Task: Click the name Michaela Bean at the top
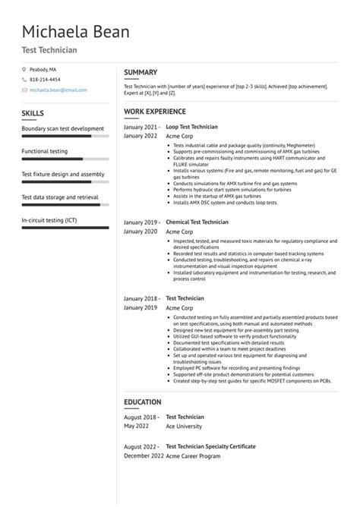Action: [75, 32]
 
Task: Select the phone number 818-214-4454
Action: [45, 79]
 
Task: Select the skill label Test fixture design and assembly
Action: [63, 174]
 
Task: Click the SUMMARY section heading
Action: [141, 72]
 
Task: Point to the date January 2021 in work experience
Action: [142, 127]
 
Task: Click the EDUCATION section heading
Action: [143, 402]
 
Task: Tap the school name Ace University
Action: [185, 426]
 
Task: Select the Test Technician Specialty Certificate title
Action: [210, 446]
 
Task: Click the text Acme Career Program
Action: [194, 455]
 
